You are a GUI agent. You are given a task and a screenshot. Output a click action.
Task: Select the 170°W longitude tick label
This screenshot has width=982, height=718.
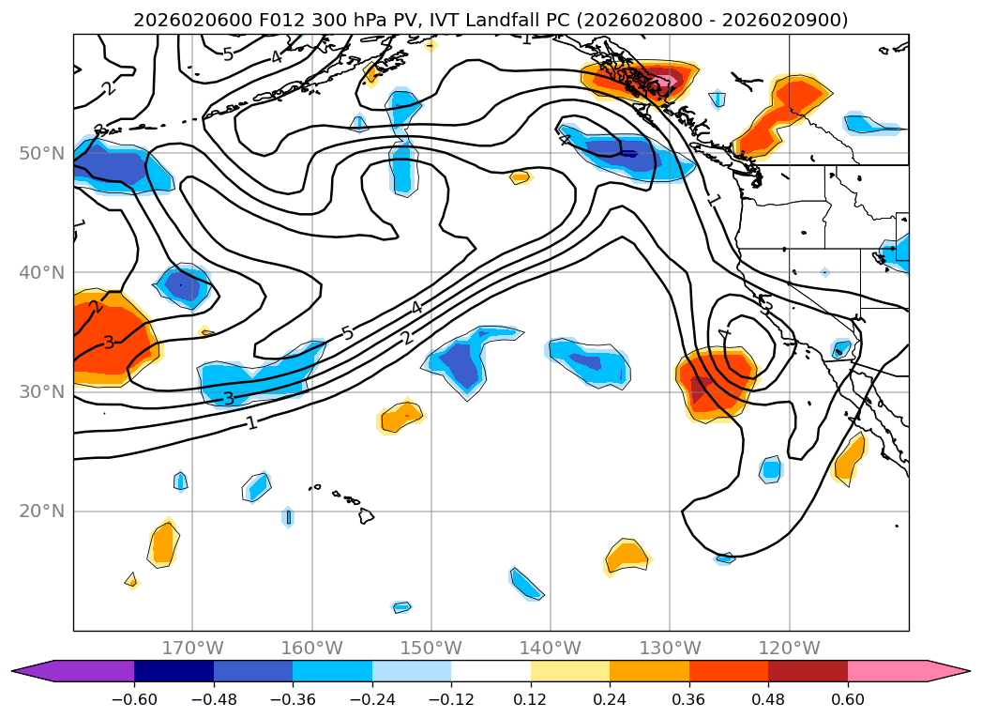tap(192, 649)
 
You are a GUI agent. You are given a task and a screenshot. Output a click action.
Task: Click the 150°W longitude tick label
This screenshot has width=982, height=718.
tap(431, 649)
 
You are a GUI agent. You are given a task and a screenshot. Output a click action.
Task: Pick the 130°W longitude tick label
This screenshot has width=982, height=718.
tap(670, 649)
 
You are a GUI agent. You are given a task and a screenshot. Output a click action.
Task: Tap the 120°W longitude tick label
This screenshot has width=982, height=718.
tap(790, 649)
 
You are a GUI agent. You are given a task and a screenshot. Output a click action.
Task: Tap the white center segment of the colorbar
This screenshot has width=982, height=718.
tap(491, 670)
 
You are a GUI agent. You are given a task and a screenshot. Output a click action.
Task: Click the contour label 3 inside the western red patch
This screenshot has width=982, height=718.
tap(109, 343)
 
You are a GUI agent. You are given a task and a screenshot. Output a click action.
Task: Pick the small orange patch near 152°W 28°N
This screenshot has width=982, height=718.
tap(401, 416)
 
